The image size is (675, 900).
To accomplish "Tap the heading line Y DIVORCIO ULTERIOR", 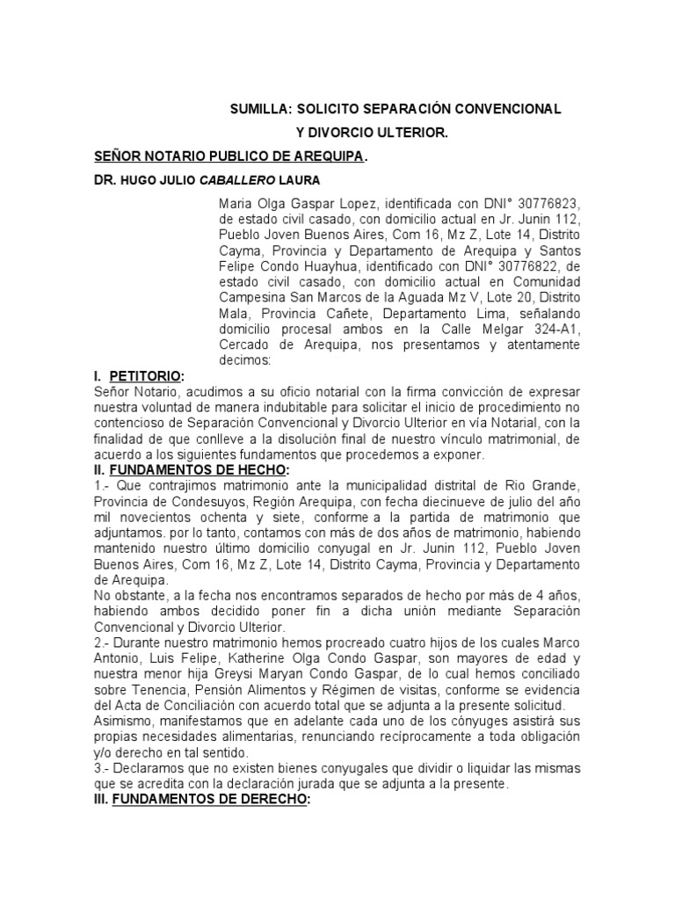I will click(x=370, y=133).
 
